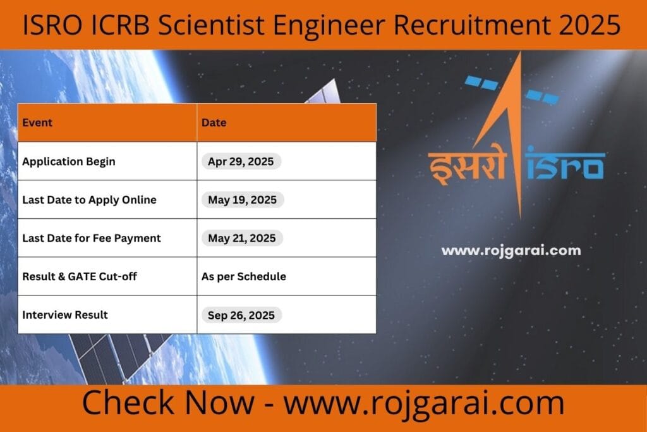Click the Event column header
click(37, 122)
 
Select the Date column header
click(214, 122)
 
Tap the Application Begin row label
click(69, 161)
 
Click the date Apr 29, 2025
click(241, 161)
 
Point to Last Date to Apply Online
click(89, 200)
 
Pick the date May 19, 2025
click(243, 200)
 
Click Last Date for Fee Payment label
click(92, 238)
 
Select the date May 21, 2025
click(242, 238)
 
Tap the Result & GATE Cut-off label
click(80, 276)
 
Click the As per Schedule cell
click(244, 276)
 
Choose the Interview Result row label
click(65, 314)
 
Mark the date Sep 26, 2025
click(241, 314)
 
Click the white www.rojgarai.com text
click(511, 250)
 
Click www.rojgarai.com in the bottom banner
click(423, 403)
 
